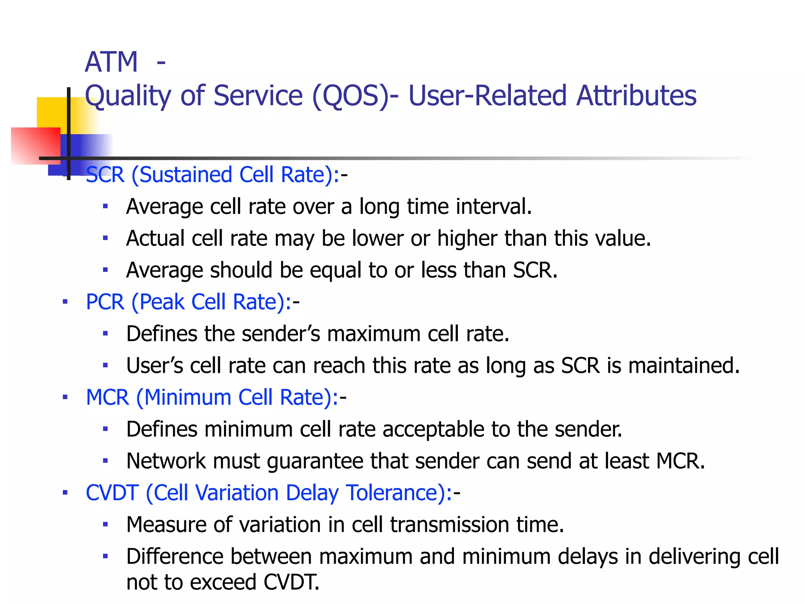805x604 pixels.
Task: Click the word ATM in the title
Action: point(111,62)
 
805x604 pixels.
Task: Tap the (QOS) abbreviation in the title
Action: point(351,96)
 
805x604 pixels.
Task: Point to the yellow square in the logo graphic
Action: point(51,112)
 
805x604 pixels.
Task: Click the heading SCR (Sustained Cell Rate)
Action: point(212,175)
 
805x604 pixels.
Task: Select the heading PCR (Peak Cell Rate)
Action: point(189,302)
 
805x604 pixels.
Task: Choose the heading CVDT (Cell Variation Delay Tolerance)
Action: point(269,493)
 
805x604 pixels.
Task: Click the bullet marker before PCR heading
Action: point(65,302)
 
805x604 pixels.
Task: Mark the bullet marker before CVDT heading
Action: point(65,492)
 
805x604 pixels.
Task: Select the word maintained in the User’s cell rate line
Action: point(684,366)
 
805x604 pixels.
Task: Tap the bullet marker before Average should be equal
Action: point(105,270)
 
